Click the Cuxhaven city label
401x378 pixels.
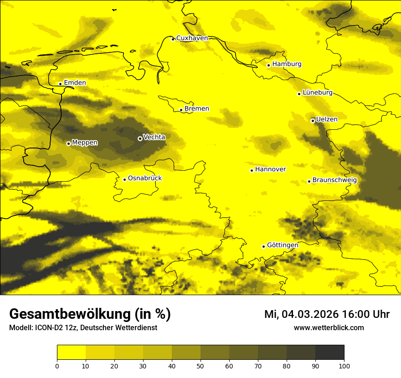192,38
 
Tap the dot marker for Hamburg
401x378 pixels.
268,65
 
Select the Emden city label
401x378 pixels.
75,83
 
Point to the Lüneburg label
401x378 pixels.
318,92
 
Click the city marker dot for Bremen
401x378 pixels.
181,110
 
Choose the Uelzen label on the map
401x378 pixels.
327,119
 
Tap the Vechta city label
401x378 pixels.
154,137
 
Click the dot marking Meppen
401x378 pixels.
68,143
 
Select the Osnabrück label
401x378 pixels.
145,178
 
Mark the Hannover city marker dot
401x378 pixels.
252,170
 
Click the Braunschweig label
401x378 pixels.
334,180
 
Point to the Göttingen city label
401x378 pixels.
283,245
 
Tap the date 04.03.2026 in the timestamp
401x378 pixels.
310,314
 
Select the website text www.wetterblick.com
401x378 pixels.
329,327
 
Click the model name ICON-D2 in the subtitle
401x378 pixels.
48,328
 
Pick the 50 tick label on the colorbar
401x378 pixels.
200,366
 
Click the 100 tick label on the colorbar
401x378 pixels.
344,366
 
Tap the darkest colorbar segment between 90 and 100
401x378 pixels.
329,352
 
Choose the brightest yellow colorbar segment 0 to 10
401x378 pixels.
71,352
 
